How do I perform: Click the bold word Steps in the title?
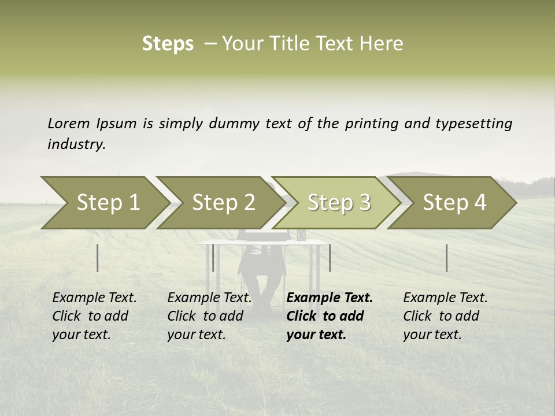pyautogui.click(x=168, y=44)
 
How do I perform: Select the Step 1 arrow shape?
pyautogui.click(x=108, y=203)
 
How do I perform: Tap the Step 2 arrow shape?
pyautogui.click(x=223, y=203)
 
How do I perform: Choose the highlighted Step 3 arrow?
pyautogui.click(x=339, y=203)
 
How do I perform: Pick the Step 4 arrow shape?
pyautogui.click(x=454, y=203)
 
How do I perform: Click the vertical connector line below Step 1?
pyautogui.click(x=98, y=258)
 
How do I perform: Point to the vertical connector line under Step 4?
pyautogui.click(x=446, y=258)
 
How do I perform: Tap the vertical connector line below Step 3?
pyautogui.click(x=330, y=258)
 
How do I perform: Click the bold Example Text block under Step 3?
pyautogui.click(x=329, y=316)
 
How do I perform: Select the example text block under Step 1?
pyautogui.click(x=94, y=316)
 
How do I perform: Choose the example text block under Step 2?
pyautogui.click(x=209, y=316)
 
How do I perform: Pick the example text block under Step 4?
pyautogui.click(x=445, y=316)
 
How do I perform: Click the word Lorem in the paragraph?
pyautogui.click(x=69, y=123)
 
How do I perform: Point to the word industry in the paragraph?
pyautogui.click(x=76, y=144)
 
